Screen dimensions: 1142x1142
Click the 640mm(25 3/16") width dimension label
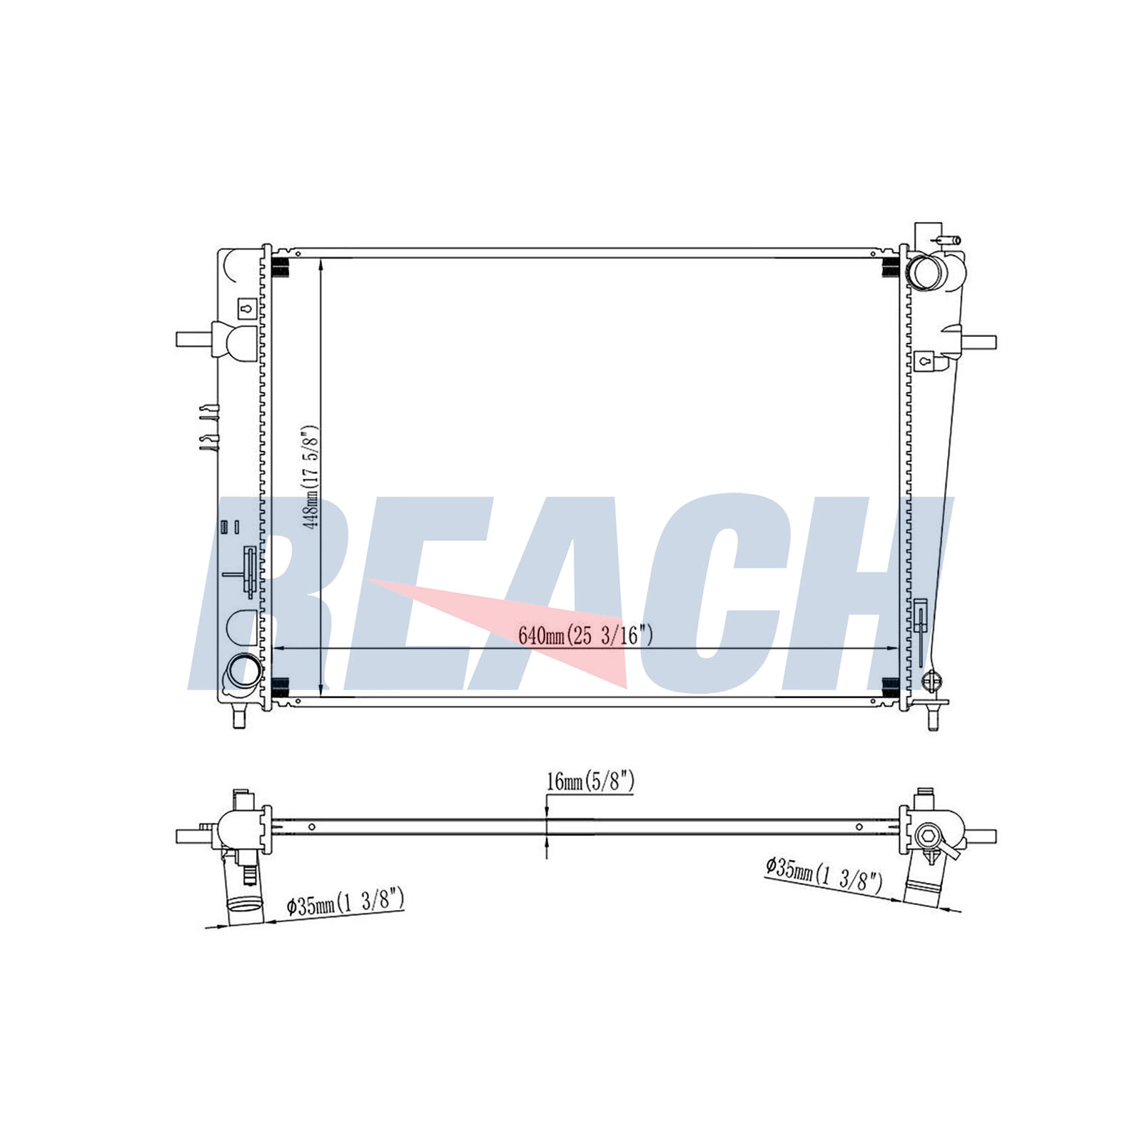[585, 635]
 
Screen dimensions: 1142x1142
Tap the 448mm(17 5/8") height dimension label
[311, 478]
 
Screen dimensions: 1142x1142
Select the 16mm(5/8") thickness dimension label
[590, 782]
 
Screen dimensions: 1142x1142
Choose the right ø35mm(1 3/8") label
[824, 874]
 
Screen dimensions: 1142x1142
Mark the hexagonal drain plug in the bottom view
[931, 835]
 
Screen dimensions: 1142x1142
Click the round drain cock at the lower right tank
[931, 682]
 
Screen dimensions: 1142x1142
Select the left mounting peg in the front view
[195, 339]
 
